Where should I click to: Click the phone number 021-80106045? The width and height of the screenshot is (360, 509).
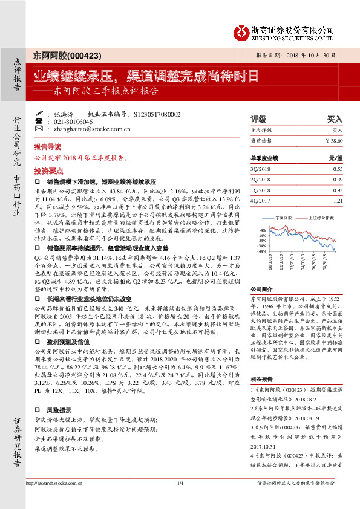click(70, 122)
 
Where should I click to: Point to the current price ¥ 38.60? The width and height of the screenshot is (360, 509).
click(333, 140)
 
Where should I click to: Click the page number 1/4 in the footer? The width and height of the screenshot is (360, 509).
click(180, 482)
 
